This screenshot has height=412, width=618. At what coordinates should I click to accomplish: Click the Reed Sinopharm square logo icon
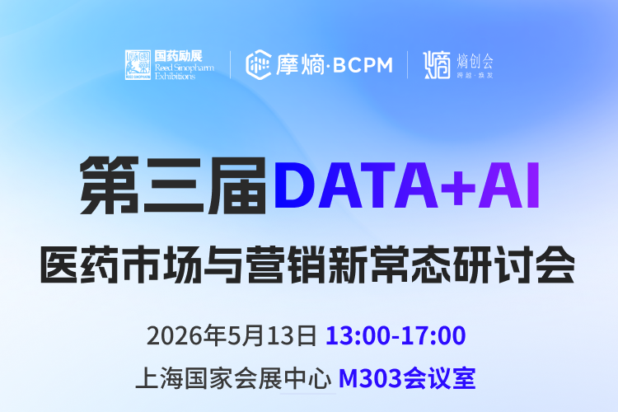138,64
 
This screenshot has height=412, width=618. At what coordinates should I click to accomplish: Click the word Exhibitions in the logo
175,76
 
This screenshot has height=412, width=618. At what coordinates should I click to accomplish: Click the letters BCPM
363,64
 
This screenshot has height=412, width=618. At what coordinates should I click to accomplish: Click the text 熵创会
475,60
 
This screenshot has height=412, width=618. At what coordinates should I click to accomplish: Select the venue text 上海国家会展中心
234,380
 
